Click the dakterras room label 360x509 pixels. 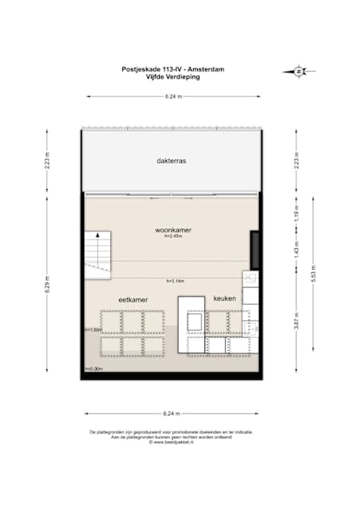pyautogui.click(x=172, y=161)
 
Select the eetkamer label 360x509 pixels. pyautogui.click(x=133, y=298)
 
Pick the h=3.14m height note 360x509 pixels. pyautogui.click(x=175, y=282)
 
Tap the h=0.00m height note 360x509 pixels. pyautogui.click(x=93, y=369)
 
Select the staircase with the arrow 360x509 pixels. pyautogui.click(x=99, y=252)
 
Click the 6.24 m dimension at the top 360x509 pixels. pyautogui.click(x=172, y=96)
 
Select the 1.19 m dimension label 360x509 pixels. pyautogui.click(x=296, y=214)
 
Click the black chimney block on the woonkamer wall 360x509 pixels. pyautogui.click(x=254, y=250)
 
